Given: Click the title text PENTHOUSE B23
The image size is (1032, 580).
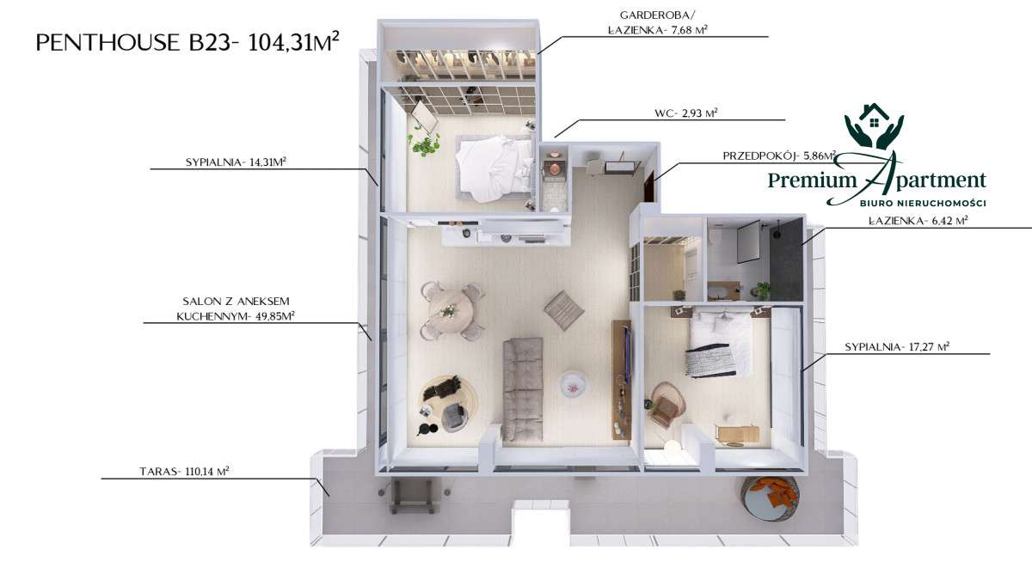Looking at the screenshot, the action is (132, 43).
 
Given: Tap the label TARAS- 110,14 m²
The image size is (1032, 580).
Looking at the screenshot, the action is (184, 472).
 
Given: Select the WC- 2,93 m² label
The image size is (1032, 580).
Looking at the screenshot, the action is (686, 113).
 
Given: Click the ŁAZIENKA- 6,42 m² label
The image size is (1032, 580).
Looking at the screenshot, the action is (918, 221).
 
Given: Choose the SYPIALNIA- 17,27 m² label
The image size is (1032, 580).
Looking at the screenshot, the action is (897, 346).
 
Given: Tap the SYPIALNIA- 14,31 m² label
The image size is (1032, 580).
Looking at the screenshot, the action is (236, 162).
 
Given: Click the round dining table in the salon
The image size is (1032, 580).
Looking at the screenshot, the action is (449, 311).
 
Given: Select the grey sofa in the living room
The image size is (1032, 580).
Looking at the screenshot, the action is (523, 389).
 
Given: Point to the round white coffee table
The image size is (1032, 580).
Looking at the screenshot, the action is (573, 384).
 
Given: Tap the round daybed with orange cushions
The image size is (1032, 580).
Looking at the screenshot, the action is (770, 498).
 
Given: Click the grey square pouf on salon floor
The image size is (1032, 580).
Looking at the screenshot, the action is (564, 310).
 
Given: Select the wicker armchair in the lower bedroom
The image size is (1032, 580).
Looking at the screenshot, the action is (666, 405).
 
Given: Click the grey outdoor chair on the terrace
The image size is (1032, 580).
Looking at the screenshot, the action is (412, 496).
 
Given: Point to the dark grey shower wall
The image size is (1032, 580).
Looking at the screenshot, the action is (787, 260).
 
